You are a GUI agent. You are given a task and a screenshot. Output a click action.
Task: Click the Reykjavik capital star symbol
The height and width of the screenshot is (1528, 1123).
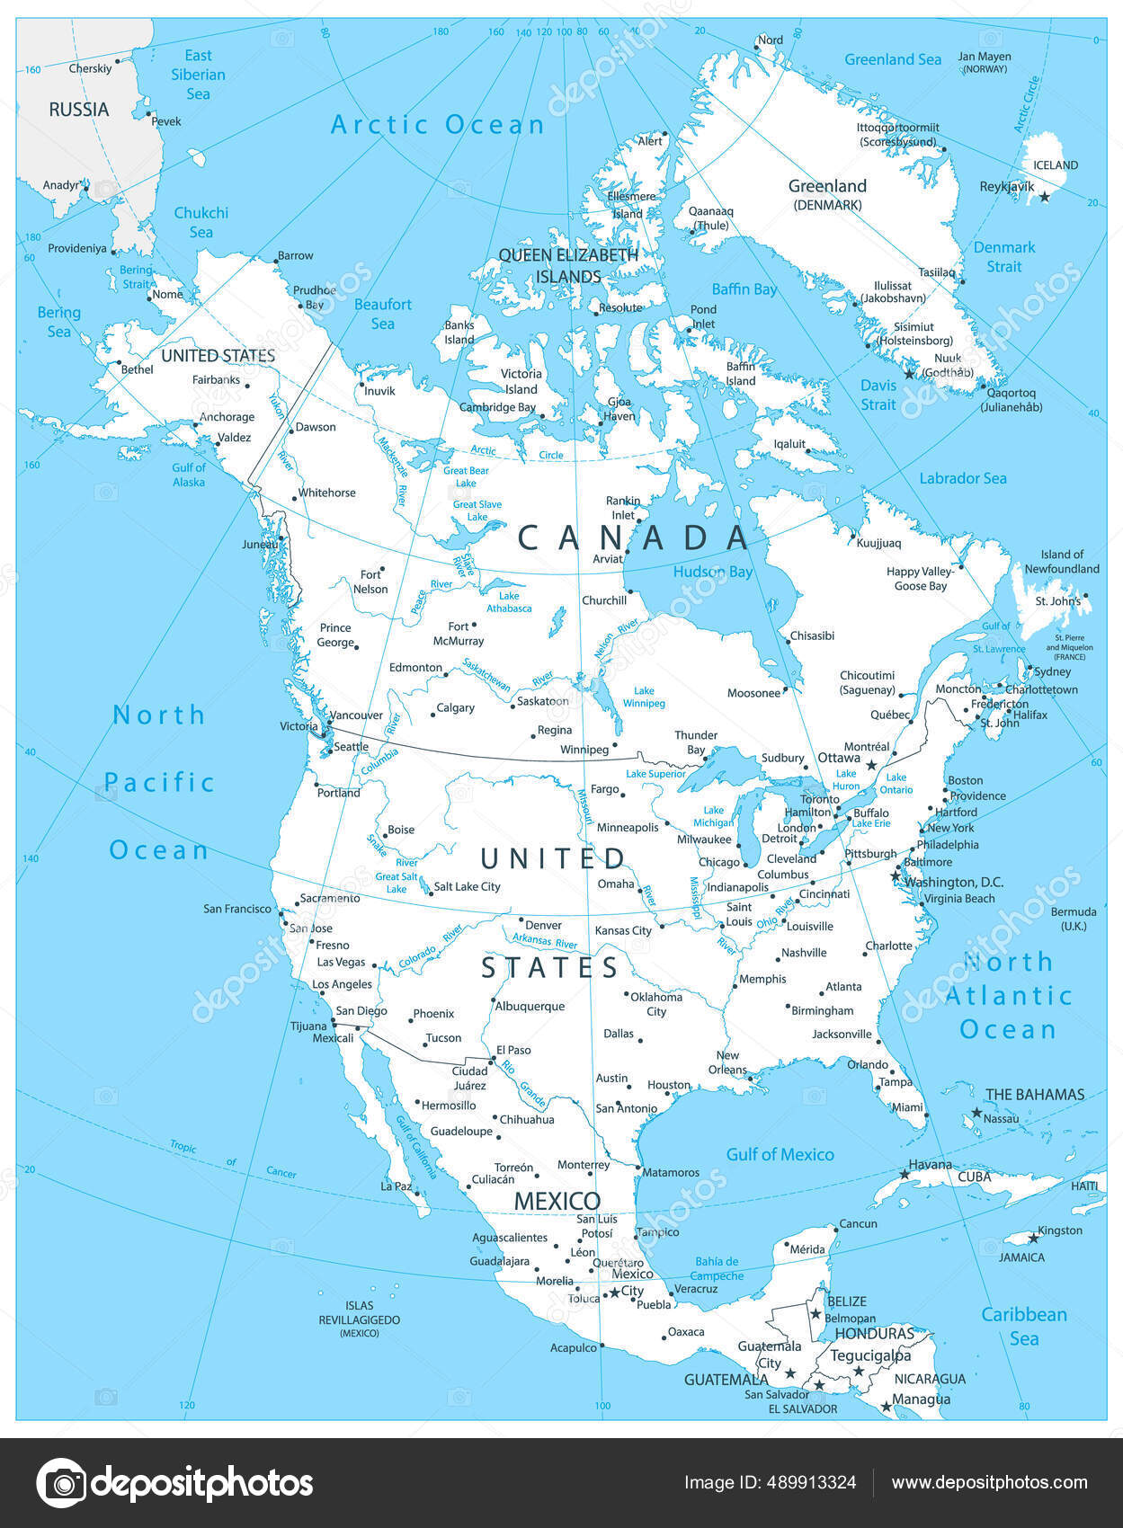(1044, 197)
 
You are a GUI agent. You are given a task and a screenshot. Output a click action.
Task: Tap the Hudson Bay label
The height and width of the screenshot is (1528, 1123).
(713, 572)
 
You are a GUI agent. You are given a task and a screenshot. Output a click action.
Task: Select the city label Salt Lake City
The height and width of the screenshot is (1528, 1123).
(467, 886)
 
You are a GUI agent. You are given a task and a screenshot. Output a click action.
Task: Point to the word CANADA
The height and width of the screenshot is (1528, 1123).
(634, 537)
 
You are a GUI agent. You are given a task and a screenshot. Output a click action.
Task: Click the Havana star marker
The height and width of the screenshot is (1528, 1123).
(905, 1174)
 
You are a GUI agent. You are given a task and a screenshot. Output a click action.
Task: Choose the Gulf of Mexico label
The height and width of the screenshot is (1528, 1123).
(780, 1154)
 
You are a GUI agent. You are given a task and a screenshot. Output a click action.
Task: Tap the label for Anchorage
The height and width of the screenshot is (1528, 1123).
(227, 417)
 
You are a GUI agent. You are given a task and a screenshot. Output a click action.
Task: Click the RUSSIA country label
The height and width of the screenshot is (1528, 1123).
(79, 110)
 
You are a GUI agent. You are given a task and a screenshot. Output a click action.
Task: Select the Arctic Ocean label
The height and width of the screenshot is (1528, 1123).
(438, 125)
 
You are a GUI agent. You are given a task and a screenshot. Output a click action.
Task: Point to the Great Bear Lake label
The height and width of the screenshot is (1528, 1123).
(466, 476)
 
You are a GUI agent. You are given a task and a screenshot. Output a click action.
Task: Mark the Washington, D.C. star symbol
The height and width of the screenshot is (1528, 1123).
(896, 875)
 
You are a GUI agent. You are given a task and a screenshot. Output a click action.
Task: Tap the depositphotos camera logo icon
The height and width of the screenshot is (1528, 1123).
(61, 1482)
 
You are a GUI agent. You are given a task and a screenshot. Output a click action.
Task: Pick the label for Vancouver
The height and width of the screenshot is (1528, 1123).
(356, 715)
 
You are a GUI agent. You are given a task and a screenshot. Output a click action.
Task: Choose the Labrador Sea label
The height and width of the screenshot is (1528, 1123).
(962, 478)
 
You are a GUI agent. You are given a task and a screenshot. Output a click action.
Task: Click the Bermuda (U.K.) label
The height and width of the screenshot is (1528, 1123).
(1074, 918)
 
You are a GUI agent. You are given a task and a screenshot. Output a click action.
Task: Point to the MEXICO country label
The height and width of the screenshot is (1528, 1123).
(557, 1201)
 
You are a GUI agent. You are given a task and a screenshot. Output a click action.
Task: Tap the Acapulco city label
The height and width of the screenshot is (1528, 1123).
(574, 1347)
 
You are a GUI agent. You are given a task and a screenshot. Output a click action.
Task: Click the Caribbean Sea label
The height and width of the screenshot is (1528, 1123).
(1023, 1326)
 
